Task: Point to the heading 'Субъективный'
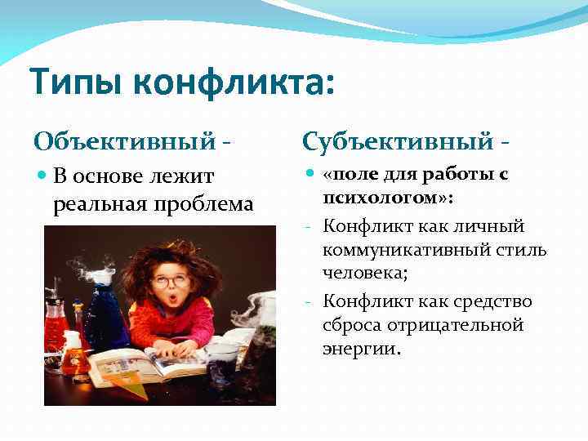click(x=397, y=140)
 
